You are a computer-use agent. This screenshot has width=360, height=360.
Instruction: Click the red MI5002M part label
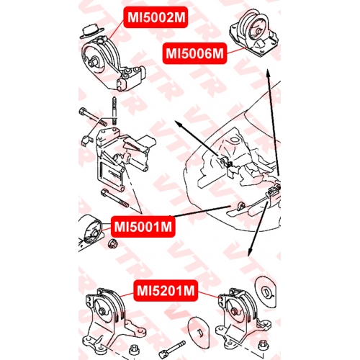point(156,17)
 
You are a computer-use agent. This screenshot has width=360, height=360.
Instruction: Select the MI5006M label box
point(194,53)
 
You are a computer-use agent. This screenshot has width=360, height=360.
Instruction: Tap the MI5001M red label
point(143,227)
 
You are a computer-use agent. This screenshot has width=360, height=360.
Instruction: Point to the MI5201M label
point(166,291)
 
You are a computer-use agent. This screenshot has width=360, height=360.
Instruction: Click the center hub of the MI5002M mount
point(92,62)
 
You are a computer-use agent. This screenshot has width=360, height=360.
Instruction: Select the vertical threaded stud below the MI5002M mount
point(114,111)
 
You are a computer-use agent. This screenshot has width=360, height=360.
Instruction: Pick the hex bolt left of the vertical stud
point(92,117)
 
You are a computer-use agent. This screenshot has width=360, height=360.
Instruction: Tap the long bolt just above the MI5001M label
point(115,198)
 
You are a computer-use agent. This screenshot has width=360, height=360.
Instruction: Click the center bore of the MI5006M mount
point(258,32)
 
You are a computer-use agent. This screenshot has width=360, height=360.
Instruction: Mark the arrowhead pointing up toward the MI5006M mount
point(269,73)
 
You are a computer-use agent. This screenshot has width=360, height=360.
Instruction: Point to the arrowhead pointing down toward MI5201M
point(250,252)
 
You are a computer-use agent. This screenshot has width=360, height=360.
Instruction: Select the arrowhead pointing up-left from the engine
point(179,124)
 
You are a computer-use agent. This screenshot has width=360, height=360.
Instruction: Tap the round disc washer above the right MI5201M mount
point(266,292)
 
